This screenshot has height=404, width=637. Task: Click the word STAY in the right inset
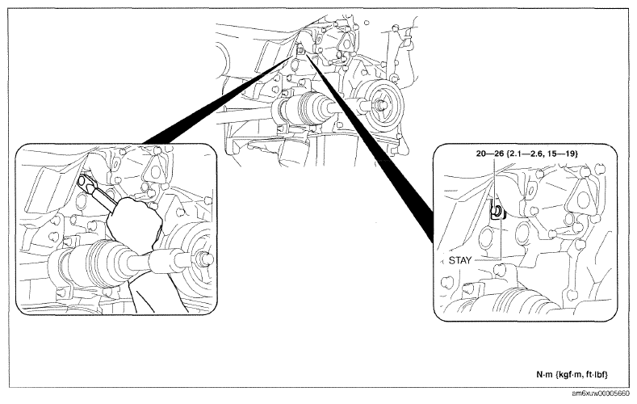460,260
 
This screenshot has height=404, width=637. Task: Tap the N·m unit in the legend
545,375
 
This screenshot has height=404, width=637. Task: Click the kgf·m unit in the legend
569,375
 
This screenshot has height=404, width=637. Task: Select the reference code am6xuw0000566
601,393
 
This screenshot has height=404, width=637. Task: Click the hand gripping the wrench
134,221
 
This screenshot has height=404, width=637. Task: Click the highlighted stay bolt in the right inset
497,212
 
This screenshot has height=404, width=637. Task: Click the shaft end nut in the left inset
205,259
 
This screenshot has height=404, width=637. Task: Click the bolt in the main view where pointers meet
300,50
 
